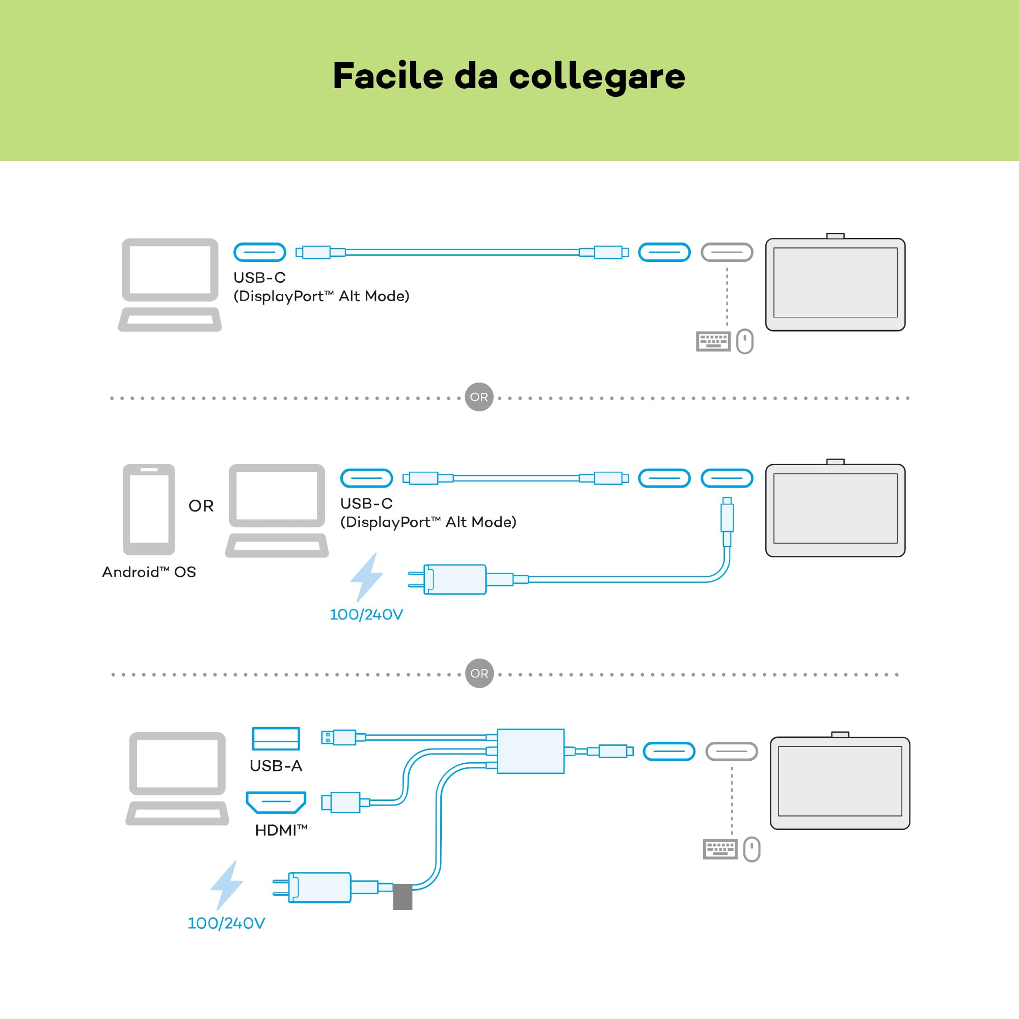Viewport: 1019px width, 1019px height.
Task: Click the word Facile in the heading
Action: tap(388, 76)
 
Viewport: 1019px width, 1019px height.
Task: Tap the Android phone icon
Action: tap(149, 509)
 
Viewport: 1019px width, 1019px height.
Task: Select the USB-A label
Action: tap(276, 766)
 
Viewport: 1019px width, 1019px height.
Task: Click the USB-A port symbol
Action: tap(276, 738)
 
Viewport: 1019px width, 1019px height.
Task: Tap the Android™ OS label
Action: tap(149, 572)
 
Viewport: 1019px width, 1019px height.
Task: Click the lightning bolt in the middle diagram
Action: tap(366, 578)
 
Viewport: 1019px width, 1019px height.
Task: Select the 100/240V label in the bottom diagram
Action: tap(226, 924)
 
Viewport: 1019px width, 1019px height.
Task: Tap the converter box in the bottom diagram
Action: tap(530, 751)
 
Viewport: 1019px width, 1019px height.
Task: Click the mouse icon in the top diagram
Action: tap(745, 341)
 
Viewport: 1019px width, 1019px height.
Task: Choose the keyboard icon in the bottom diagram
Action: tap(720, 850)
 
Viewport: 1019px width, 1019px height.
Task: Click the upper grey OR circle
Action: tap(479, 397)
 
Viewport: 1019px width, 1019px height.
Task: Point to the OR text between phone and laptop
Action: tap(201, 506)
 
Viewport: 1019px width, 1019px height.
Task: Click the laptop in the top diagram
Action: tap(170, 285)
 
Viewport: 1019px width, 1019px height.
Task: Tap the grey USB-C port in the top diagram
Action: tap(727, 252)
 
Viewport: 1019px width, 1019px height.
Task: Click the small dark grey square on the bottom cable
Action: tap(403, 897)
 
